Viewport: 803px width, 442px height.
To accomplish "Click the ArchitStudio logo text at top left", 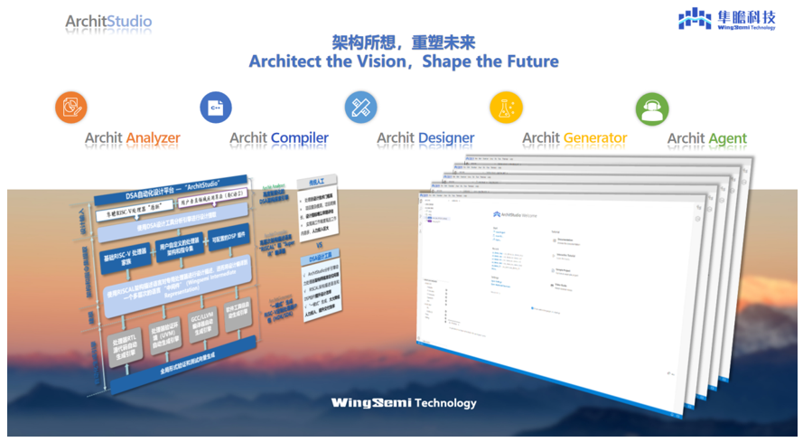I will click(x=108, y=21).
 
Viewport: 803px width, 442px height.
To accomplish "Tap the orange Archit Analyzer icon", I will click(x=71, y=108).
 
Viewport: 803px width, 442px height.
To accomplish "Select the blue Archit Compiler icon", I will click(x=216, y=108).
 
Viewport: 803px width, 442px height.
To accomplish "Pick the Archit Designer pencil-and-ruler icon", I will click(x=360, y=108).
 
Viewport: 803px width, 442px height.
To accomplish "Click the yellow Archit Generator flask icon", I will click(x=506, y=108).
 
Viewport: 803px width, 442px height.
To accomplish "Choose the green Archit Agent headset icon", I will click(x=651, y=108).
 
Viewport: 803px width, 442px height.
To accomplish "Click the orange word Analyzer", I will click(x=153, y=138).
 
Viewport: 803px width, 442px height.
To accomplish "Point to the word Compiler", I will click(x=300, y=138).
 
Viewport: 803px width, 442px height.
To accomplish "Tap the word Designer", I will click(x=446, y=138).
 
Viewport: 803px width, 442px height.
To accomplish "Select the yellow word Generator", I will click(x=594, y=138).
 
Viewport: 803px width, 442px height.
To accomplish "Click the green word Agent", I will click(x=727, y=138).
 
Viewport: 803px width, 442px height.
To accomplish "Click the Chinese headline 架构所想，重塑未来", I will click(x=403, y=42).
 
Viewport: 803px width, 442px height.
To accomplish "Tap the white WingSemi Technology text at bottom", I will click(x=403, y=402).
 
